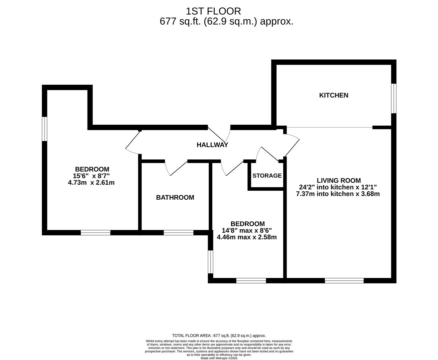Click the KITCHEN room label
(x=333, y=95)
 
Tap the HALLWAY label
(x=212, y=145)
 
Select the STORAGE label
(x=267, y=176)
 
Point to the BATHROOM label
(x=175, y=197)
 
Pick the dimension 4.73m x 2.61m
(x=91, y=183)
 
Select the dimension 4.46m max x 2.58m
(x=247, y=237)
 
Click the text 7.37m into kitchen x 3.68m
(x=338, y=194)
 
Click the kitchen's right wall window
(x=393, y=98)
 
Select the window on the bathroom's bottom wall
(x=178, y=233)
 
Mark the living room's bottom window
(x=344, y=281)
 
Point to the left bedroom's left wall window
(x=44, y=129)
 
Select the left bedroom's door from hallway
(x=133, y=143)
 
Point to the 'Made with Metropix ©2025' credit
(x=219, y=358)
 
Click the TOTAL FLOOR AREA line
(x=219, y=336)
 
